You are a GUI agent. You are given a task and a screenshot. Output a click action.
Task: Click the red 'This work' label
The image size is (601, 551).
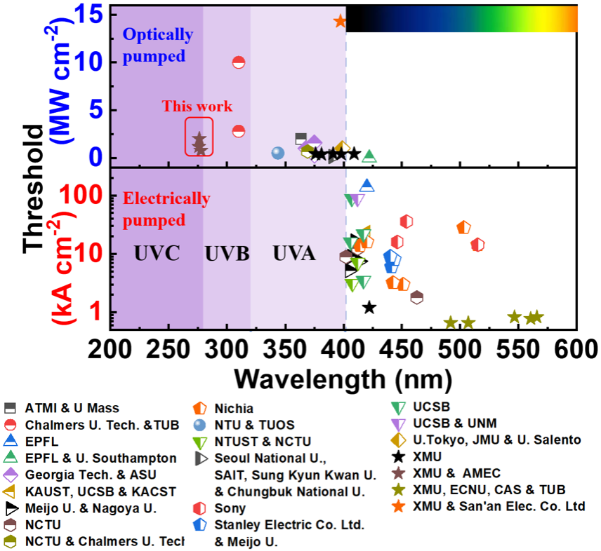[197, 107]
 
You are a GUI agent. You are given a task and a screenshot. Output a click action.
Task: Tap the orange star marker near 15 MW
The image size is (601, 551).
[340, 21]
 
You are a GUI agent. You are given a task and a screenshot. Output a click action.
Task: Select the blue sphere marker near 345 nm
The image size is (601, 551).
[277, 153]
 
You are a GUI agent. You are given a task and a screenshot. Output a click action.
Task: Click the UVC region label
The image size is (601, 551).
[157, 254]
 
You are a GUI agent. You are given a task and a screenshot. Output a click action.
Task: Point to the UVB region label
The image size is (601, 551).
[227, 254]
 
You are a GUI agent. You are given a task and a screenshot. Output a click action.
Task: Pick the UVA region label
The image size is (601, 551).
[294, 254]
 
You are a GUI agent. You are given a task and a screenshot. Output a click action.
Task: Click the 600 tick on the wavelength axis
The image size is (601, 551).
[574, 348]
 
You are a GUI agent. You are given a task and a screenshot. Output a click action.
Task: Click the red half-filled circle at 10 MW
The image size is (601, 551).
[239, 62]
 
